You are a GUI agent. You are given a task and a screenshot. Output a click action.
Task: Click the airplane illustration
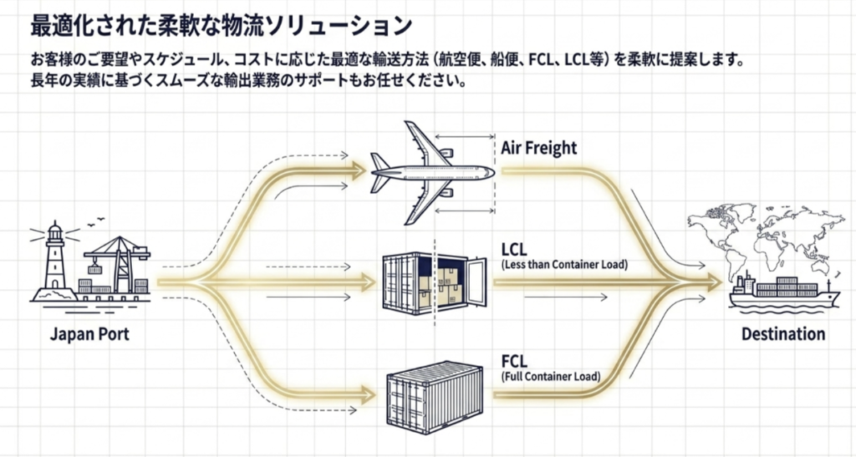[x=432, y=172]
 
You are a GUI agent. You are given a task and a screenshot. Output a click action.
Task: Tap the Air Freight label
[x=539, y=148]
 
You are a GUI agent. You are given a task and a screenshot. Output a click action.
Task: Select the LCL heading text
[x=514, y=250]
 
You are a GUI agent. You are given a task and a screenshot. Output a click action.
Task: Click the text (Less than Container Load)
[x=564, y=265]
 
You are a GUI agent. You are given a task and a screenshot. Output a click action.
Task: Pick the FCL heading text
[x=514, y=361]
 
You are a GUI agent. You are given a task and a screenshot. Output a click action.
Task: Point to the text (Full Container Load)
[x=551, y=376]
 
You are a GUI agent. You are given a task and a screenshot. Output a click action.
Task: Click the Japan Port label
[x=89, y=333]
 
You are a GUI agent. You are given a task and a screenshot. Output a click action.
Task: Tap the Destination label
[x=783, y=333]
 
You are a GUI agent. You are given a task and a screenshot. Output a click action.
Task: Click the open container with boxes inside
[x=435, y=283]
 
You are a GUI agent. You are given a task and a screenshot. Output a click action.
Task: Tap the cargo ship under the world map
[x=784, y=293]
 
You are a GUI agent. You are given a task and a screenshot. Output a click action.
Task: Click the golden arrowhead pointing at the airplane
[x=358, y=170]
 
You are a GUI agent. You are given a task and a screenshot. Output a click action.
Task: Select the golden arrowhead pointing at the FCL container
[x=368, y=394]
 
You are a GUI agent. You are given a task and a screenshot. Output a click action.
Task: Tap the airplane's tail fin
[x=380, y=172]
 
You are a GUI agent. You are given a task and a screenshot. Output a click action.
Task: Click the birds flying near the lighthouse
[x=95, y=221]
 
